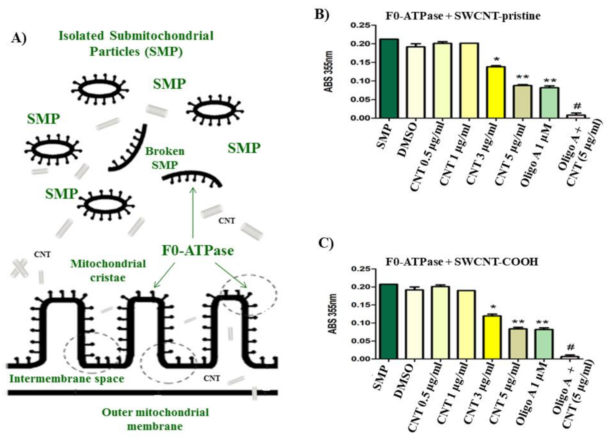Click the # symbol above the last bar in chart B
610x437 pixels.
[577, 106]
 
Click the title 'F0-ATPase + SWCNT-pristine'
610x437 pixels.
[463, 16]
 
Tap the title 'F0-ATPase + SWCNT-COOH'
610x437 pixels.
[462, 262]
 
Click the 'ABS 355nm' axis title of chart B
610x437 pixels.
[329, 72]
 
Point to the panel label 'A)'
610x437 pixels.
[19, 38]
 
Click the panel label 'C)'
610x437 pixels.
[326, 243]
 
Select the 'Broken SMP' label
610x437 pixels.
[165, 158]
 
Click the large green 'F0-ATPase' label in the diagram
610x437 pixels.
[198, 250]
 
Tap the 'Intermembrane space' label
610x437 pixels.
[67, 379]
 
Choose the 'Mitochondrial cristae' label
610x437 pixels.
[108, 270]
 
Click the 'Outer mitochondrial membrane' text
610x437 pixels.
[155, 419]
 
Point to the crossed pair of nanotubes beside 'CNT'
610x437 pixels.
[20, 268]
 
